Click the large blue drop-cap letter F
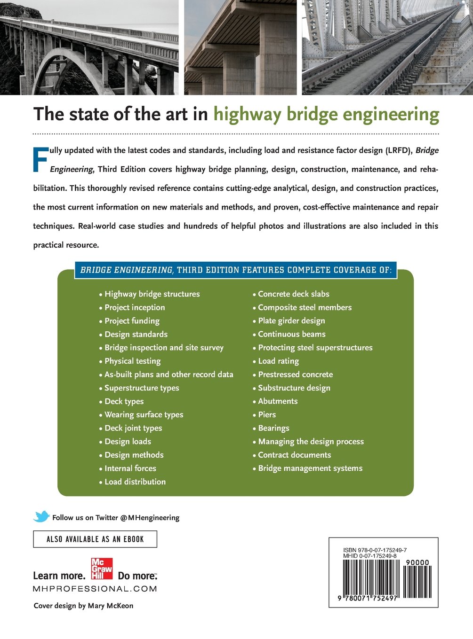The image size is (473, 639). pos(41,160)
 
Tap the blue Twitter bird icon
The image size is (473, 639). pos(41,516)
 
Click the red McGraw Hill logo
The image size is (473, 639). pos(102,569)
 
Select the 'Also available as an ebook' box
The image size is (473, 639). pos(95,539)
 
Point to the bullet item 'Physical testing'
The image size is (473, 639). pos(132,361)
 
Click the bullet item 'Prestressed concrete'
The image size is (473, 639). pos(295,374)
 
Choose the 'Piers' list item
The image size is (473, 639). pos(267,415)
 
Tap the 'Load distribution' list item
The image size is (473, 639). pos(135,482)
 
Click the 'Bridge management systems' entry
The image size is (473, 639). pos(310,468)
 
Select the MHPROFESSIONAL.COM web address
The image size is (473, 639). pos(95,589)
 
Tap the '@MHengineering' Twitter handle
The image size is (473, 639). pos(150,518)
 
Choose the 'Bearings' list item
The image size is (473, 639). pos(273,429)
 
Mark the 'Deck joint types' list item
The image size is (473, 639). pos(133,429)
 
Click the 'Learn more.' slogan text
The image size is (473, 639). pos(59,576)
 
